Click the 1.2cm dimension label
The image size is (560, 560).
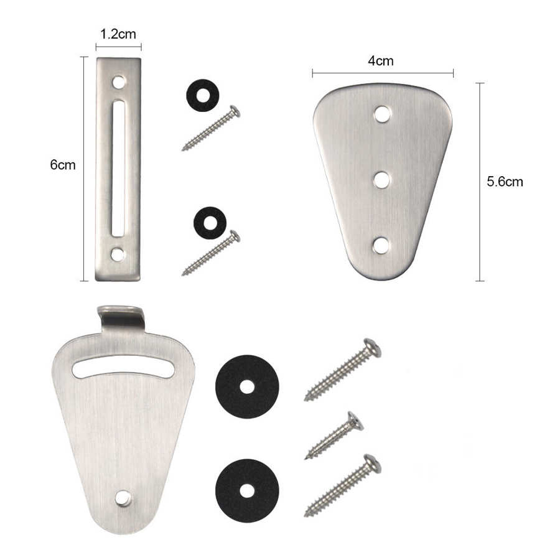click(x=118, y=35)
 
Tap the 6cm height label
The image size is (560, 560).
click(x=63, y=165)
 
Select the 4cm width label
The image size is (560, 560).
click(x=380, y=61)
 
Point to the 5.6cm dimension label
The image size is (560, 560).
click(x=505, y=182)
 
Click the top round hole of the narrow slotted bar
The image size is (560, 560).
click(x=118, y=82)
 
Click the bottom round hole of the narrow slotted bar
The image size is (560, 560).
click(x=118, y=254)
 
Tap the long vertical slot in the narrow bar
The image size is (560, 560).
click(x=118, y=169)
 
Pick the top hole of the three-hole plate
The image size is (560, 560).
click(x=382, y=114)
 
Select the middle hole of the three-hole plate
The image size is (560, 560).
click(x=381, y=180)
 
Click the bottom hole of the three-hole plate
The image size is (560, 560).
click(x=381, y=245)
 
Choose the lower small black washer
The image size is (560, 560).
click(x=210, y=223)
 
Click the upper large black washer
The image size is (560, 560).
click(x=247, y=386)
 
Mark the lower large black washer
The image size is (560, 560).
click(x=247, y=490)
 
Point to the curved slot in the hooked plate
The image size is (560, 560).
click(x=123, y=367)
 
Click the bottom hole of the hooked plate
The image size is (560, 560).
click(x=123, y=498)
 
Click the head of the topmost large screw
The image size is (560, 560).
click(x=371, y=347)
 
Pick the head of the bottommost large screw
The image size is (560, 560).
click(x=371, y=463)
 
